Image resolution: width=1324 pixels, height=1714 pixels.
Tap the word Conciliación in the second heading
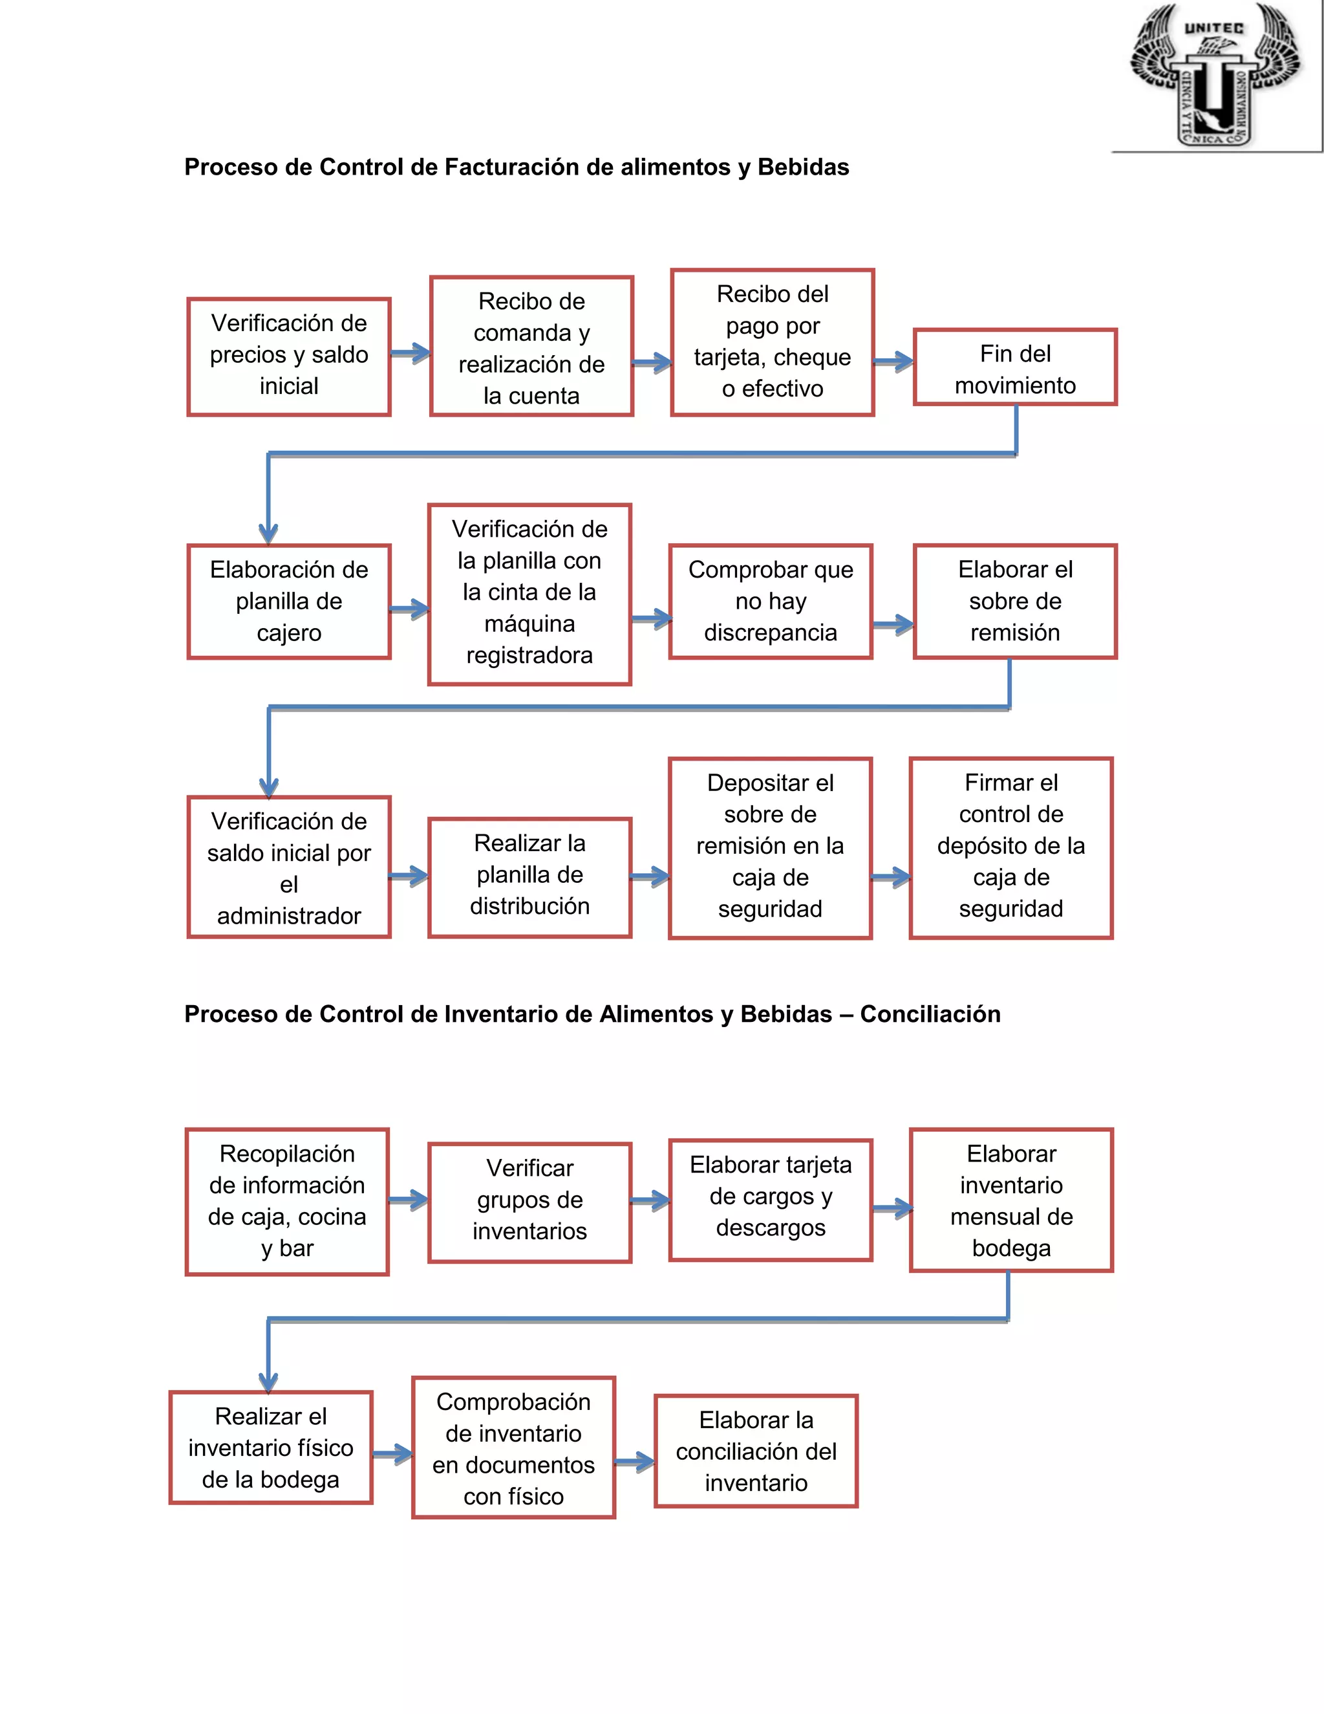930,1014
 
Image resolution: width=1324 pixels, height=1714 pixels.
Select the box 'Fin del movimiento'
1015,367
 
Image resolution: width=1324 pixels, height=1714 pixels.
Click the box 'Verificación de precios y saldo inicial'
288,356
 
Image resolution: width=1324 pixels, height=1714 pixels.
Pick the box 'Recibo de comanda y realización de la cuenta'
531,347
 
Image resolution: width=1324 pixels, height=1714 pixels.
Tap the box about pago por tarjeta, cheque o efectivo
772,342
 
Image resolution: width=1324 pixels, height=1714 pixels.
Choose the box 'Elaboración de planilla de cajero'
288,601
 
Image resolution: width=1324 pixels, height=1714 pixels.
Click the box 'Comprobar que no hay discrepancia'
770,601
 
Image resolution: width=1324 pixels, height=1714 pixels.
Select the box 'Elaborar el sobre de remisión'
1015,601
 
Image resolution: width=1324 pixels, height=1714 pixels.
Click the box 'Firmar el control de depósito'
1011,847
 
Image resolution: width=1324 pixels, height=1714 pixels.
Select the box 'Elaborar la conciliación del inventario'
756,1451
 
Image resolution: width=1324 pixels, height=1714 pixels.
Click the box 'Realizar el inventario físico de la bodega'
271,1448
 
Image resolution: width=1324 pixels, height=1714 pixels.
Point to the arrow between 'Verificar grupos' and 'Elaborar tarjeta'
650,1200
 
